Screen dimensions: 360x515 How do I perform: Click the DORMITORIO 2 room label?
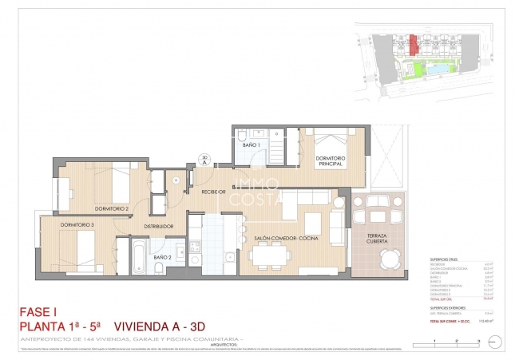click(111, 208)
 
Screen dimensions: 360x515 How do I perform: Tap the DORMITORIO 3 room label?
click(77, 225)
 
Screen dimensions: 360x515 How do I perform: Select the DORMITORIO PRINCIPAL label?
click(329, 162)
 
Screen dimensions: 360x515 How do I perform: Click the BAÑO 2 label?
click(162, 256)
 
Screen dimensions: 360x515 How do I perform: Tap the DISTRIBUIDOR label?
click(159, 227)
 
